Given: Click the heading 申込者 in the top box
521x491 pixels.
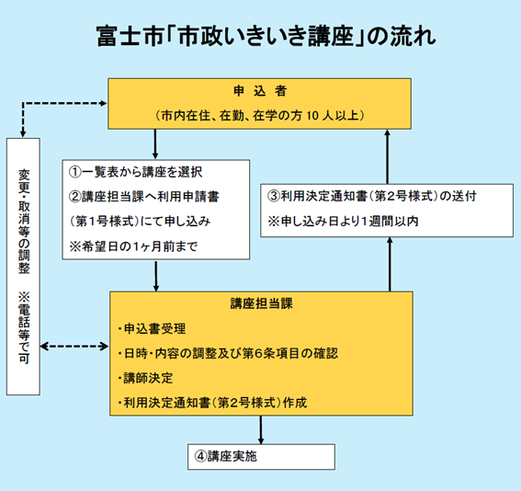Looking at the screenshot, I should click(247, 92).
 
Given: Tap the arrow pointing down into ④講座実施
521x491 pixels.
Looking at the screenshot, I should click(261, 430).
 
